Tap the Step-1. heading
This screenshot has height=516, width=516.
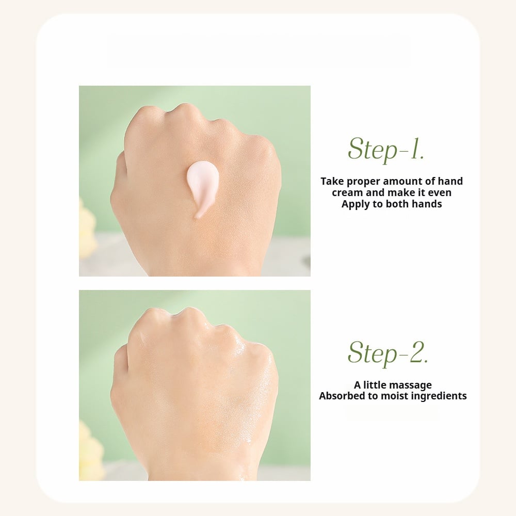point(385,149)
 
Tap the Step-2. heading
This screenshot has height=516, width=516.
point(388,353)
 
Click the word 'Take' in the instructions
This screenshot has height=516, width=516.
point(332,181)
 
